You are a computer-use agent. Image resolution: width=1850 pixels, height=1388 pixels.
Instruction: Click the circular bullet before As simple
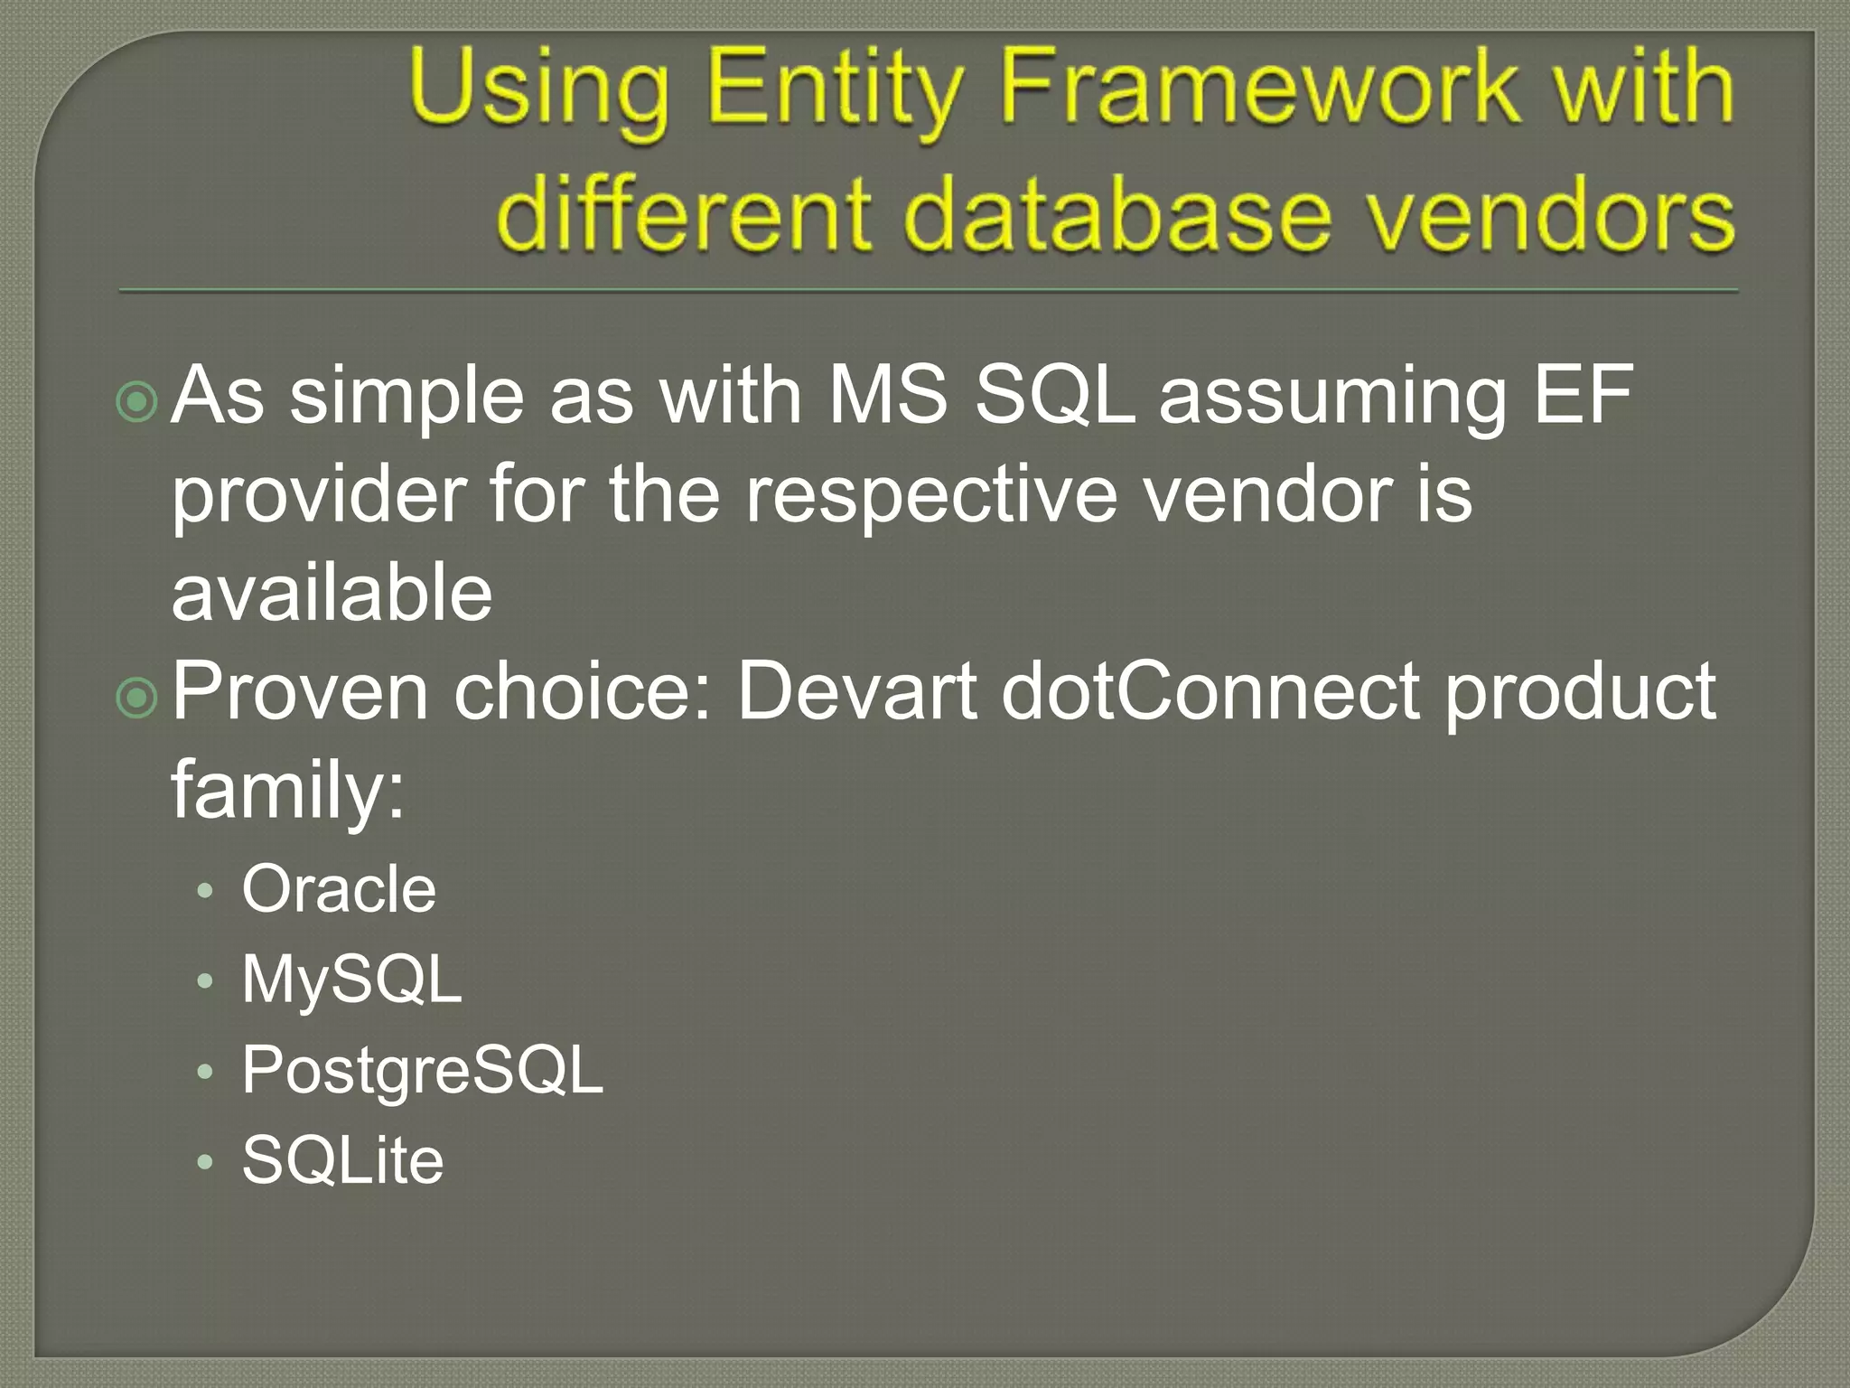click(x=137, y=402)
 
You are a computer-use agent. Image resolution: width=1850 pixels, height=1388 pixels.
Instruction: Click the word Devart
click(x=856, y=691)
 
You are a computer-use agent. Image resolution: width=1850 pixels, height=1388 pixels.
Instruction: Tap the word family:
click(x=287, y=790)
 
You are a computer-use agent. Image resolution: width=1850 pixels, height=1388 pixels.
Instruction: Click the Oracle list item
click(x=339, y=889)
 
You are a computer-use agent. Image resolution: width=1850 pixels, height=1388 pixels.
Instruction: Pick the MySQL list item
click(x=351, y=980)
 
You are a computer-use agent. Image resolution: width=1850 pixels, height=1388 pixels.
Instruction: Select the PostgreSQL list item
click(x=422, y=1071)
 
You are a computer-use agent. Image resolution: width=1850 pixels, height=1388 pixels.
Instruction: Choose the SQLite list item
click(x=342, y=1160)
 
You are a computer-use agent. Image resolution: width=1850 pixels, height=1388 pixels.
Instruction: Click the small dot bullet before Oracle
click(x=205, y=892)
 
